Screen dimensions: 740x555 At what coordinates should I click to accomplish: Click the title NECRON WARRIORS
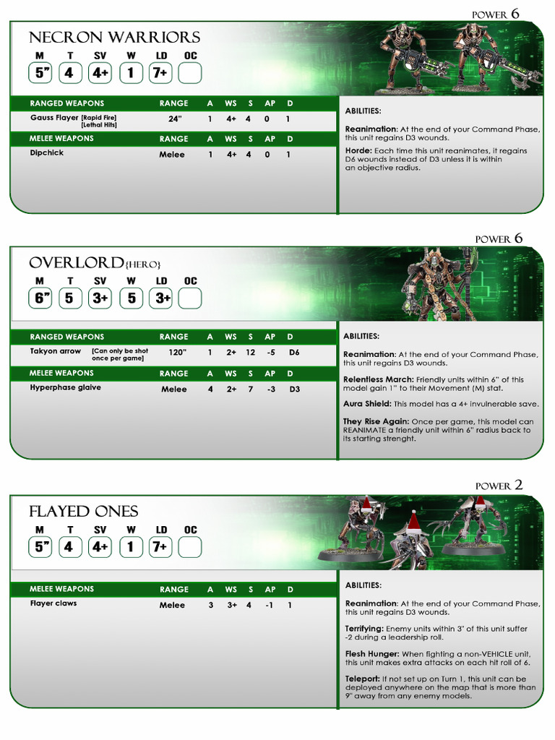(114, 37)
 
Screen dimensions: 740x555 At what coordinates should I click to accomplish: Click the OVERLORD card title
(83, 262)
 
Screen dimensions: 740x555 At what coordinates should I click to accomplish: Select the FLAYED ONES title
(83, 512)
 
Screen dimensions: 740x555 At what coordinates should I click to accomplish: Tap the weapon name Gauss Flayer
(54, 117)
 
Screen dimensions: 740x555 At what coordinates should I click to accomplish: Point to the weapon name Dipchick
(47, 153)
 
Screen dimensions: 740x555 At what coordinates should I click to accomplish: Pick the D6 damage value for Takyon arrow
(293, 353)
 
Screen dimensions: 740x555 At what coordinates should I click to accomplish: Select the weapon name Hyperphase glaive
(66, 388)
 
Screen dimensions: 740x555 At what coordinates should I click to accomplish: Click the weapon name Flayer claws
(53, 603)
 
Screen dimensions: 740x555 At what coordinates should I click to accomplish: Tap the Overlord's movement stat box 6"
(40, 298)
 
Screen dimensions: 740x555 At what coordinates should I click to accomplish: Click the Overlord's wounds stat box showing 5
(131, 298)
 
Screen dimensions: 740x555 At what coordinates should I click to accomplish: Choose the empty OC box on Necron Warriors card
(190, 73)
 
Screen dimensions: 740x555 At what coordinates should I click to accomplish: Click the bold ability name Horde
(358, 151)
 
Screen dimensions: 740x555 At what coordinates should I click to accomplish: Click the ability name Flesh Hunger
(371, 653)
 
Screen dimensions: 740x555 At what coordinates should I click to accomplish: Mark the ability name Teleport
(362, 679)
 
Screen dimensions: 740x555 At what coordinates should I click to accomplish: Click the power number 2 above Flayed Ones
(517, 486)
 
